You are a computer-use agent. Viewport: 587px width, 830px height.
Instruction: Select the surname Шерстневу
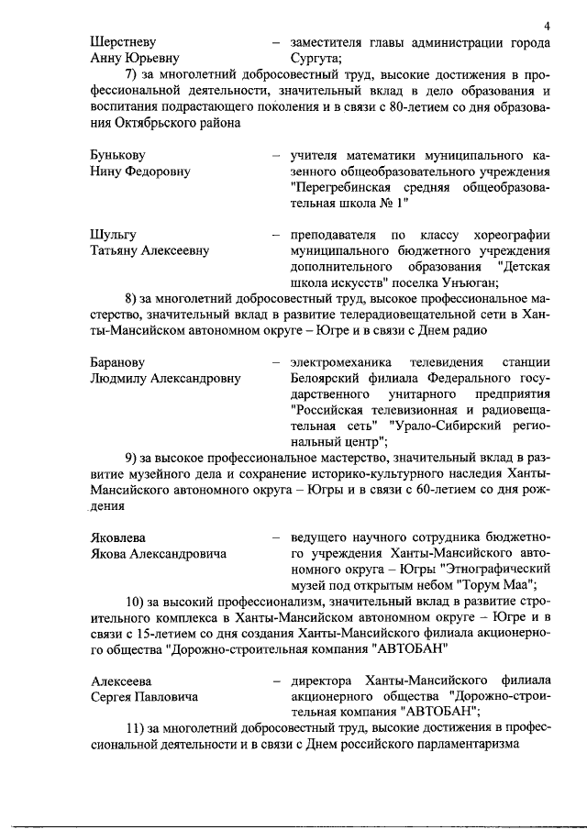(x=124, y=42)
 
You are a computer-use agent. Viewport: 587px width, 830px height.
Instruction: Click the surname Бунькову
(x=118, y=155)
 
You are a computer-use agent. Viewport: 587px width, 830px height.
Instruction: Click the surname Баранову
(x=118, y=362)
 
